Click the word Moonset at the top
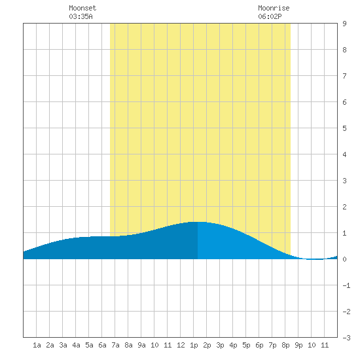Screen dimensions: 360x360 (82, 8)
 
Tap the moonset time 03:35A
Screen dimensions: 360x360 (81, 16)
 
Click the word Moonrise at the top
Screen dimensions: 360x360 (274, 8)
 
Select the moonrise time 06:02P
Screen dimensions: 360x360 (270, 16)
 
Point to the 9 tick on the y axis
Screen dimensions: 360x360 (344, 24)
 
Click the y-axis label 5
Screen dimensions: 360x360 (344, 128)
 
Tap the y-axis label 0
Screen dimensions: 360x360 (344, 259)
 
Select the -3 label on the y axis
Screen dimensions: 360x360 (346, 338)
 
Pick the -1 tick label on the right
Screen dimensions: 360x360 (346, 285)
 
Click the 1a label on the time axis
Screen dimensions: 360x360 (37, 345)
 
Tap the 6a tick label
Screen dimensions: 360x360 (102, 345)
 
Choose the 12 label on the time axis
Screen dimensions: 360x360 (181, 345)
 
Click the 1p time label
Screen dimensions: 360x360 (194, 345)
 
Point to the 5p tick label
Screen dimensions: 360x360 (246, 345)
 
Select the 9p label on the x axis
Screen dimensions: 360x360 (298, 345)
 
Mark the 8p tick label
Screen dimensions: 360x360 (285, 345)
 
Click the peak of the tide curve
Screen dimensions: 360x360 (198, 222)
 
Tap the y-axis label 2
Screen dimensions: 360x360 (344, 207)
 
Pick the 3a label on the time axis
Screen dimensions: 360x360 (63, 345)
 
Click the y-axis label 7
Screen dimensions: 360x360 (344, 76)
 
